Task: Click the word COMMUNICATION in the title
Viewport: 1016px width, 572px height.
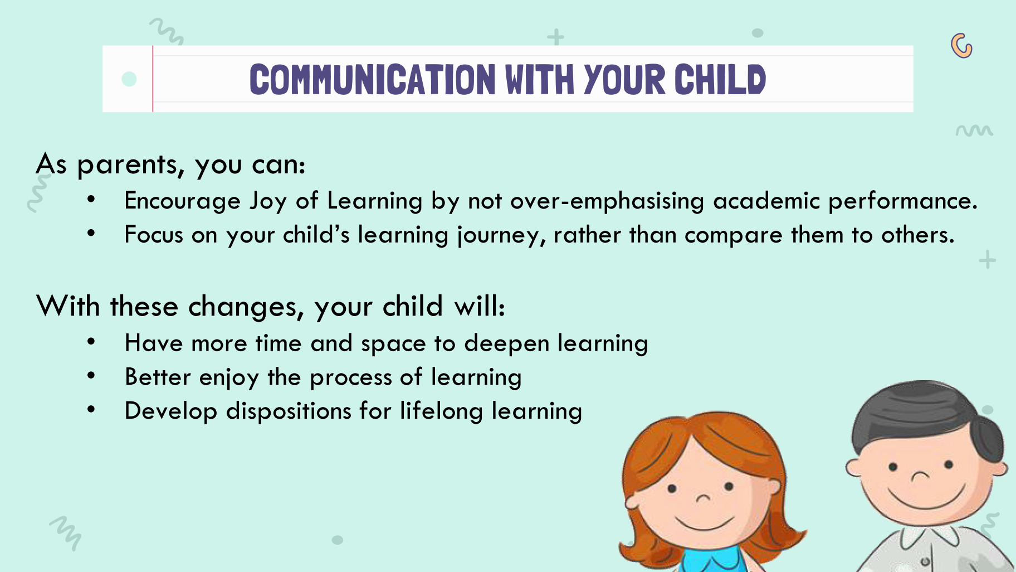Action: point(372,79)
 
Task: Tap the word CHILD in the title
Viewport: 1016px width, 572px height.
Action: point(720,79)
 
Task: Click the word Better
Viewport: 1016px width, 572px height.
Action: point(158,377)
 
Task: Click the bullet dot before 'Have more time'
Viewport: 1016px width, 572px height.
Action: point(91,341)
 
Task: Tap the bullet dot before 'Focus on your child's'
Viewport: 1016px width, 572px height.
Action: point(91,233)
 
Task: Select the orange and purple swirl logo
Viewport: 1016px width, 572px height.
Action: point(961,46)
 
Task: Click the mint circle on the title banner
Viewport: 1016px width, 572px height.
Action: point(129,79)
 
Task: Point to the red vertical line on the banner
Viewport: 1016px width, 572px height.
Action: point(153,79)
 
